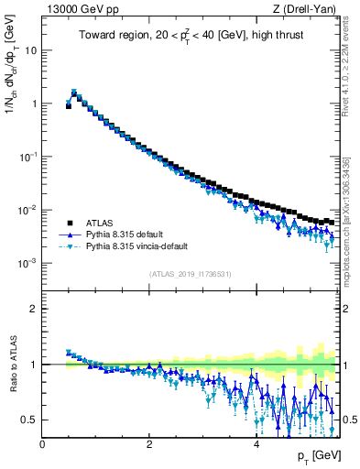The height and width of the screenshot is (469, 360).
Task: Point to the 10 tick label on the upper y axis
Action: pyautogui.click(x=30, y=50)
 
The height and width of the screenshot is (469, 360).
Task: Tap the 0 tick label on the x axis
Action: pyautogui.click(x=43, y=444)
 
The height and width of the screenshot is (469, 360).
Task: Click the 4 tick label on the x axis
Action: pyautogui.click(x=256, y=444)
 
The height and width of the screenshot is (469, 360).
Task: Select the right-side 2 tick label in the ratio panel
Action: pyautogui.click(x=349, y=309)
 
